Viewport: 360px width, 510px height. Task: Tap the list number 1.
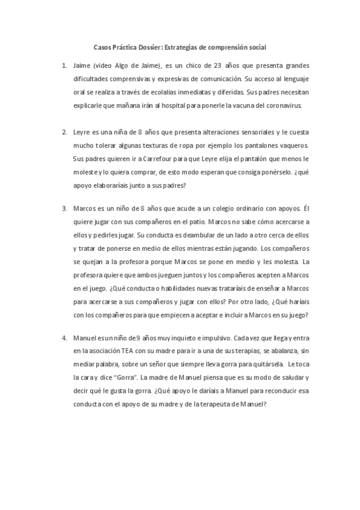[x=64, y=65]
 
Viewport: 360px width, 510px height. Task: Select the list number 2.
[x=64, y=132]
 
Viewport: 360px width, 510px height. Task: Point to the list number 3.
[x=64, y=209]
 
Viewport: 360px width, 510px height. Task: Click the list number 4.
[x=64, y=337]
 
